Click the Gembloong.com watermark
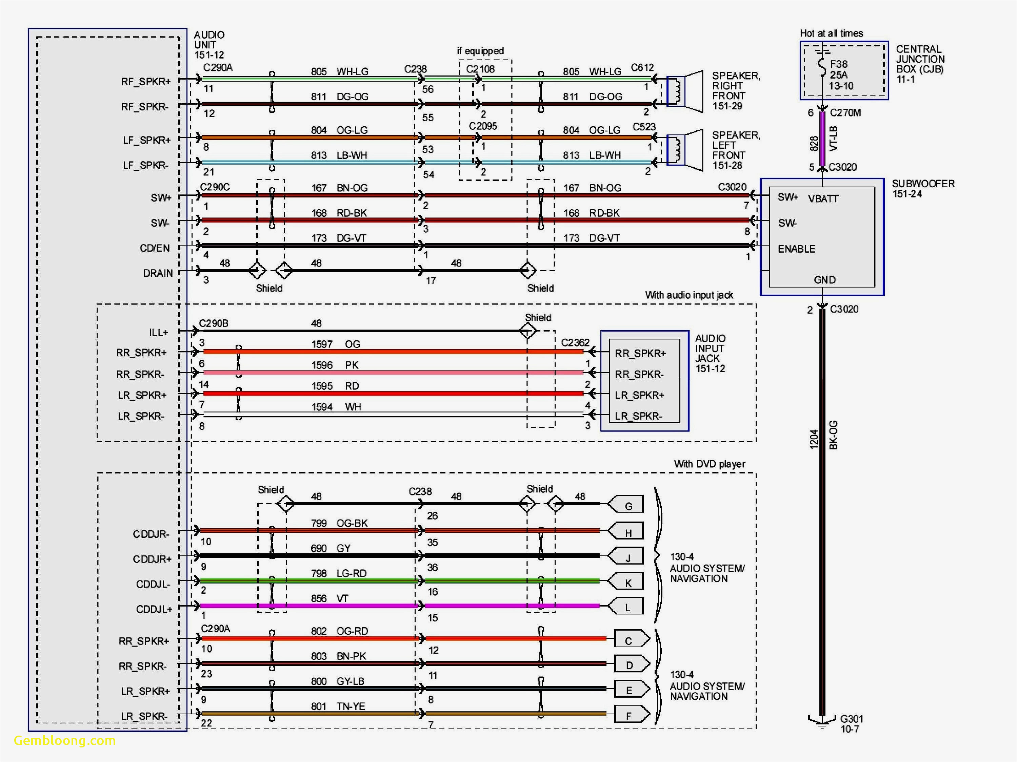[x=65, y=740]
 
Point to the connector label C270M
[x=845, y=112]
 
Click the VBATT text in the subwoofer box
[x=823, y=199]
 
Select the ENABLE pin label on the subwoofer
[x=796, y=249]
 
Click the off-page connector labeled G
[x=626, y=505]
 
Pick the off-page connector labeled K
[x=626, y=582]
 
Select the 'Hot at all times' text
[x=831, y=33]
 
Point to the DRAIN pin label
[x=158, y=273]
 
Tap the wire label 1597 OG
[x=336, y=344]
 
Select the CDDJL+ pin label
[x=154, y=609]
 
